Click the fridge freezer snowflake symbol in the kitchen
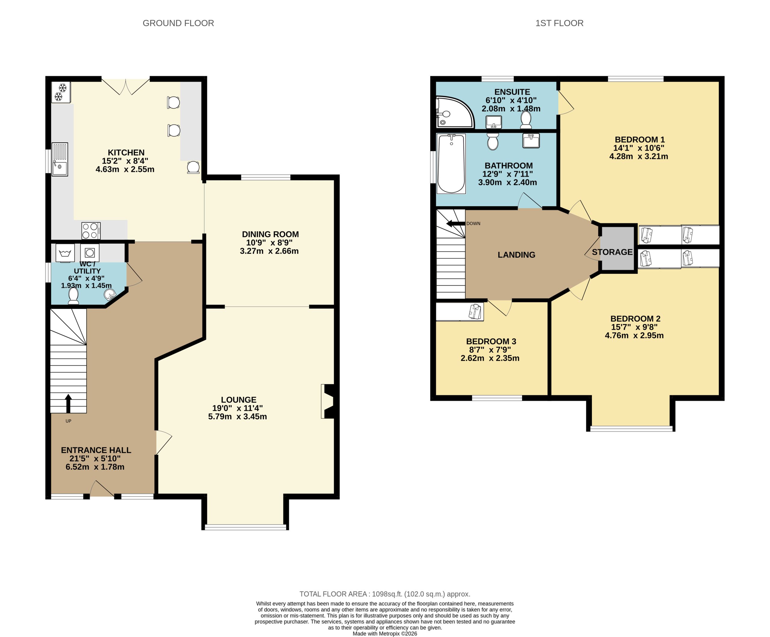click(x=60, y=92)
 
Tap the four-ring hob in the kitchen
click(x=91, y=231)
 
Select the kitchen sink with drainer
click(x=59, y=159)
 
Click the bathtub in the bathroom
click(x=451, y=164)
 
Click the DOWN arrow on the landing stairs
click(x=455, y=224)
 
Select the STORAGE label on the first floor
click(x=612, y=252)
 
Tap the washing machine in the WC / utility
click(x=65, y=253)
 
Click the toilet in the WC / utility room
click(x=73, y=296)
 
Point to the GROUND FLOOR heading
click(x=178, y=23)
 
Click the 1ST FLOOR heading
click(x=559, y=23)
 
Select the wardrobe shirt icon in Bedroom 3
click(x=475, y=311)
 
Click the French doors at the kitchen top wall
click(x=125, y=87)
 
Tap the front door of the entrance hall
click(x=102, y=490)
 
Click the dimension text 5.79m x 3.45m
click(x=237, y=416)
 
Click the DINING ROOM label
click(x=270, y=234)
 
